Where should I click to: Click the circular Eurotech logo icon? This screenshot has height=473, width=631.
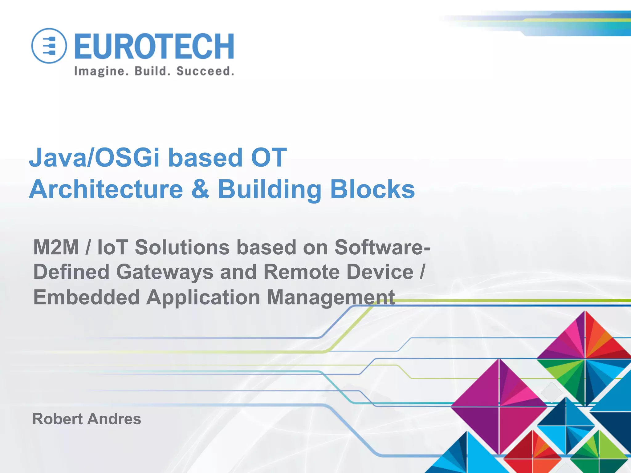(x=49, y=46)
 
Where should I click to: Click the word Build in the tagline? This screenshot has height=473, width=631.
(x=153, y=71)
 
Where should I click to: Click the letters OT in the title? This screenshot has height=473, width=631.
(x=269, y=157)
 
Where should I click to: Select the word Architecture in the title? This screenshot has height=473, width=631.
(x=106, y=189)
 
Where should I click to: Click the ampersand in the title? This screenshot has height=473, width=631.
(x=200, y=189)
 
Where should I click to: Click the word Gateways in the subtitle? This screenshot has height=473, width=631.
(x=165, y=272)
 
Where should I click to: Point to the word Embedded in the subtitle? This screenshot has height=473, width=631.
(x=87, y=297)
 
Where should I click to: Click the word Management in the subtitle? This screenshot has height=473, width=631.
(x=331, y=298)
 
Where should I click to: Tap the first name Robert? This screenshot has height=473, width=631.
(x=58, y=419)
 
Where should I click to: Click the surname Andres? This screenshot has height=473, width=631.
(x=114, y=419)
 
